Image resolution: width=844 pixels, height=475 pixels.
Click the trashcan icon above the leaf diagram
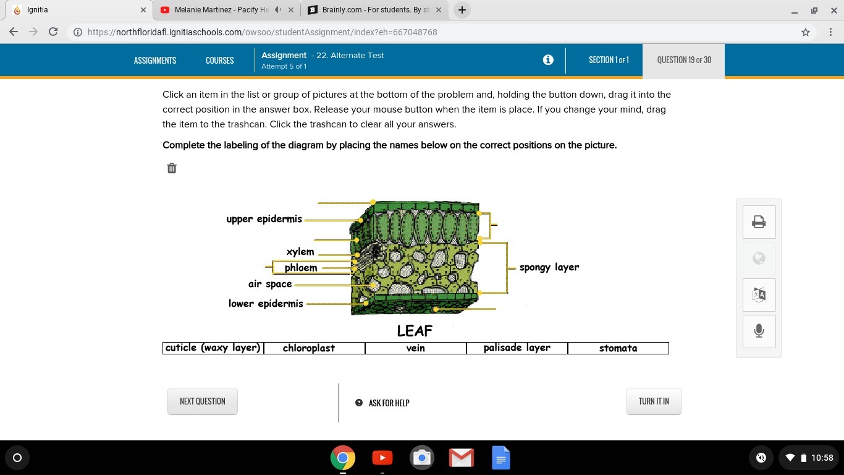pyautogui.click(x=171, y=168)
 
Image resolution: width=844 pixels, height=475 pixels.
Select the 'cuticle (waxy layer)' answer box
pyautogui.click(x=213, y=348)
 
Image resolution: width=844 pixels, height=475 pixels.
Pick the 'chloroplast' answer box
pyautogui.click(x=314, y=348)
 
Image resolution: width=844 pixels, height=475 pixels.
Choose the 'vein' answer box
pyautogui.click(x=416, y=348)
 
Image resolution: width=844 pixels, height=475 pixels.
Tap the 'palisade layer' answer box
pyautogui.click(x=517, y=348)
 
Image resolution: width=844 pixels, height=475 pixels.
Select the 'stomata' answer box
pyautogui.click(x=618, y=348)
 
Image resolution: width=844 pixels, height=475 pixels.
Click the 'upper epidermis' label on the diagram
pyautogui.click(x=264, y=219)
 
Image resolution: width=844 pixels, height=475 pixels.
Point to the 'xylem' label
pyautogui.click(x=300, y=252)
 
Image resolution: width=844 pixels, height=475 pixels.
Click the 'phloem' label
pyautogui.click(x=301, y=267)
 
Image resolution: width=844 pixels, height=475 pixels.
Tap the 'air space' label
pyautogui.click(x=270, y=284)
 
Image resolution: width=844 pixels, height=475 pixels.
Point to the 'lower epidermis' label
pyautogui.click(x=266, y=304)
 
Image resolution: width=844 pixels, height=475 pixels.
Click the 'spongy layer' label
pyautogui.click(x=549, y=267)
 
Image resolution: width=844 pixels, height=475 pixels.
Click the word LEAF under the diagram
pyautogui.click(x=415, y=331)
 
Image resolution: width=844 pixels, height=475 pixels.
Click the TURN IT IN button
pyautogui.click(x=654, y=401)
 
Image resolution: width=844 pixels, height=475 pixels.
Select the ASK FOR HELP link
pyautogui.click(x=382, y=403)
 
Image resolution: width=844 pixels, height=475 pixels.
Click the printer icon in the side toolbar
pyautogui.click(x=759, y=222)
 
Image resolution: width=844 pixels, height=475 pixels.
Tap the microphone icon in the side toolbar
pyautogui.click(x=759, y=331)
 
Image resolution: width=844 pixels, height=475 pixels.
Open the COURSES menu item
pyautogui.click(x=220, y=61)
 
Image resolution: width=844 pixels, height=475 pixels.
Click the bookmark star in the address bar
pyautogui.click(x=806, y=32)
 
